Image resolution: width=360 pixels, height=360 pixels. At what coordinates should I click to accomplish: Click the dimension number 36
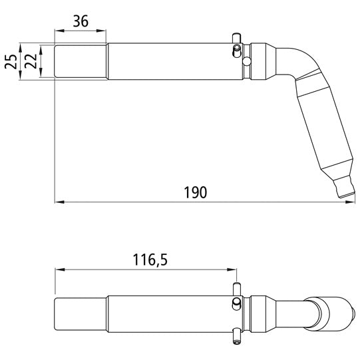(x=81, y=21)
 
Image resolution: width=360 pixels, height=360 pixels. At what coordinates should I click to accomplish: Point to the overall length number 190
(x=194, y=192)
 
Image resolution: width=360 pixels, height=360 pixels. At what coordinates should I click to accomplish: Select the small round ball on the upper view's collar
(x=247, y=62)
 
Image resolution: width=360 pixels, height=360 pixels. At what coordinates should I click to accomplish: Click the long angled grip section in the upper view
(x=323, y=130)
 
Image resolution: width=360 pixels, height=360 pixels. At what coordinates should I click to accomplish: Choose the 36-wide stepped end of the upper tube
(x=80, y=61)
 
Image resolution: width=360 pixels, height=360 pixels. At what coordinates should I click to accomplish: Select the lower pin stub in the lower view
(x=236, y=339)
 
